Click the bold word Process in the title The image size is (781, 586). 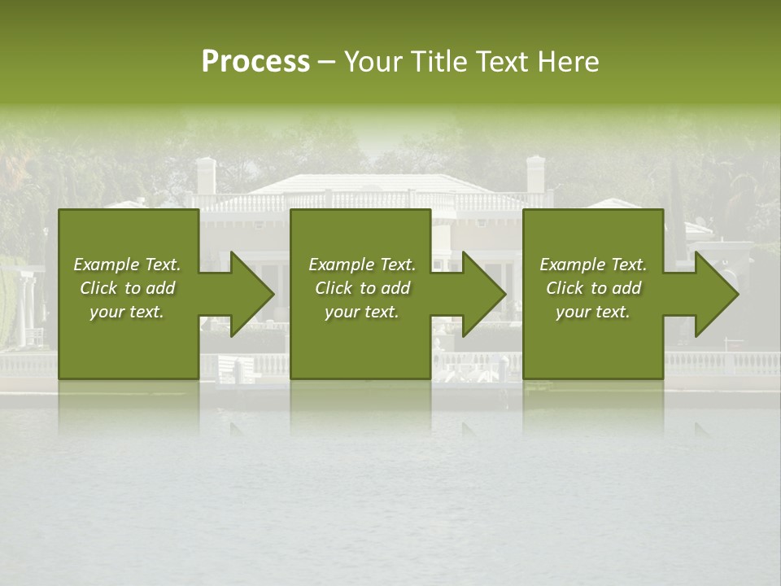click(x=255, y=62)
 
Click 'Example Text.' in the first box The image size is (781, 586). click(x=127, y=265)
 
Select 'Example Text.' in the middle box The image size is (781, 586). click(x=362, y=265)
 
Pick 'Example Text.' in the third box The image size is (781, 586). click(x=593, y=265)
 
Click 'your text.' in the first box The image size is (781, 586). click(x=127, y=312)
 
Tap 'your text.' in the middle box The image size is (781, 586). click(x=362, y=312)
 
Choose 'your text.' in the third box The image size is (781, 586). click(x=593, y=312)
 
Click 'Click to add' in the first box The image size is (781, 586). click(x=127, y=288)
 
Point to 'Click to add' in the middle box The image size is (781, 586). click(x=362, y=288)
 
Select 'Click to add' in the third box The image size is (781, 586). click(x=593, y=288)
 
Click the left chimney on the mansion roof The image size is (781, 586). click(x=207, y=175)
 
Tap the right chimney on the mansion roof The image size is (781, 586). click(x=535, y=173)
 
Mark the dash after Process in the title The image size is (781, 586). click(x=326, y=62)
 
